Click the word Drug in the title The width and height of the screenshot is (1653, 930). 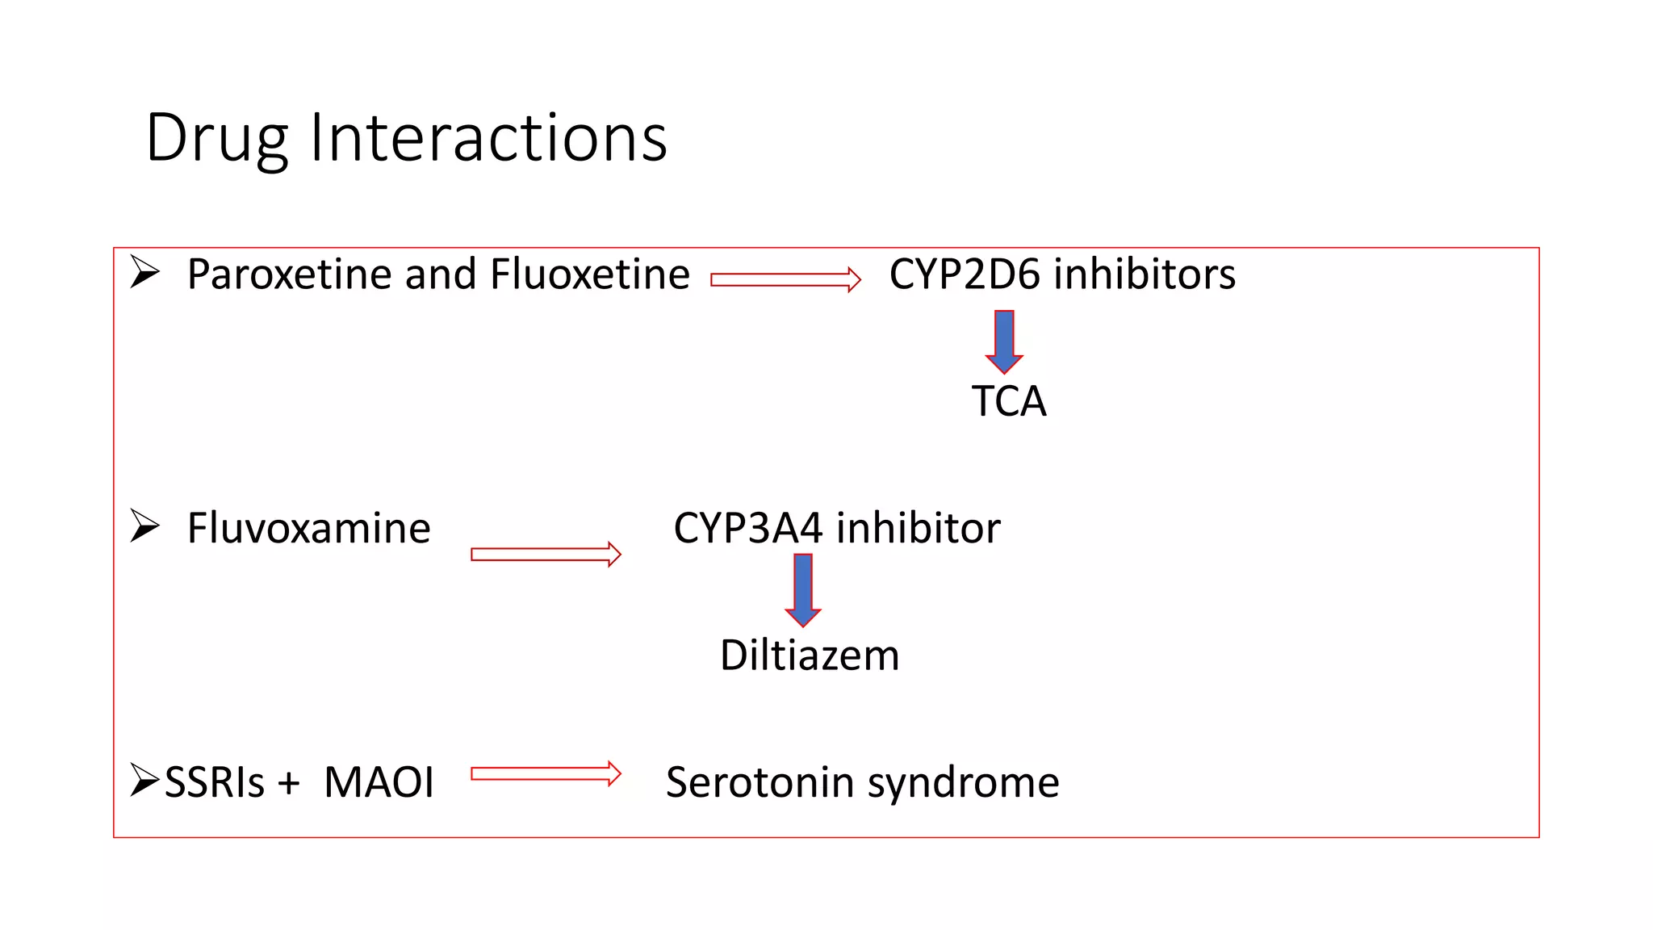[216, 139]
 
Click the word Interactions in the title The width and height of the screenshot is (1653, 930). [488, 137]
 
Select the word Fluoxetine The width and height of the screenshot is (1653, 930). [589, 274]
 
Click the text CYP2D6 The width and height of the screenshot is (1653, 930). [965, 274]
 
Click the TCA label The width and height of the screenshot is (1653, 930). [1009, 401]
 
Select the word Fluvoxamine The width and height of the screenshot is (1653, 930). [308, 529]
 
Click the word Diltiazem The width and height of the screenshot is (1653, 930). [810, 655]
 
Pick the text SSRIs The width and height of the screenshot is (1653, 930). [215, 782]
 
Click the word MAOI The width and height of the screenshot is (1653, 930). [379, 782]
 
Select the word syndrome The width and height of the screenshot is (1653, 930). [963, 782]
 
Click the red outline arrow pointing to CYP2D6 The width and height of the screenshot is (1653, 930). [785, 279]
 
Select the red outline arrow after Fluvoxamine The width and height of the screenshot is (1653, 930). [546, 554]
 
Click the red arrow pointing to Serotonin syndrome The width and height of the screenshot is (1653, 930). [546, 773]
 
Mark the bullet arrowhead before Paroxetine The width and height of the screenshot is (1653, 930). [145, 272]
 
